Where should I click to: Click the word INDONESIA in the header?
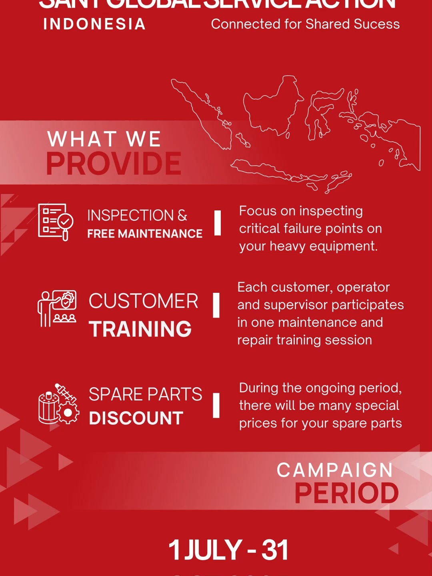[x=94, y=24]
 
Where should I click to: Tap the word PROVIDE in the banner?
[x=114, y=164]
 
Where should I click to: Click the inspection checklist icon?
[x=56, y=222]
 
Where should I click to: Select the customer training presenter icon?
[x=57, y=309]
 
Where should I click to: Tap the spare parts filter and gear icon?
[x=58, y=404]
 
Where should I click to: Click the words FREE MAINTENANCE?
[x=145, y=234]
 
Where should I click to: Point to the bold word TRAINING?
[x=140, y=329]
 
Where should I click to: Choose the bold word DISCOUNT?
[x=136, y=418]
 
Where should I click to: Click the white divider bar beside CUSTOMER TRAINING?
[x=216, y=305]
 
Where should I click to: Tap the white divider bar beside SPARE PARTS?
[x=216, y=405]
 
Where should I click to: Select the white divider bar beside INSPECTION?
[x=218, y=223]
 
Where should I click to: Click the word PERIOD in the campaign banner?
[x=346, y=493]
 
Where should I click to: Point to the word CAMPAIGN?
[x=335, y=470]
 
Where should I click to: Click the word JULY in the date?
[x=213, y=550]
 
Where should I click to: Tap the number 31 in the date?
[x=275, y=550]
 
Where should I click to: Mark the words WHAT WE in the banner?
[x=104, y=139]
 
